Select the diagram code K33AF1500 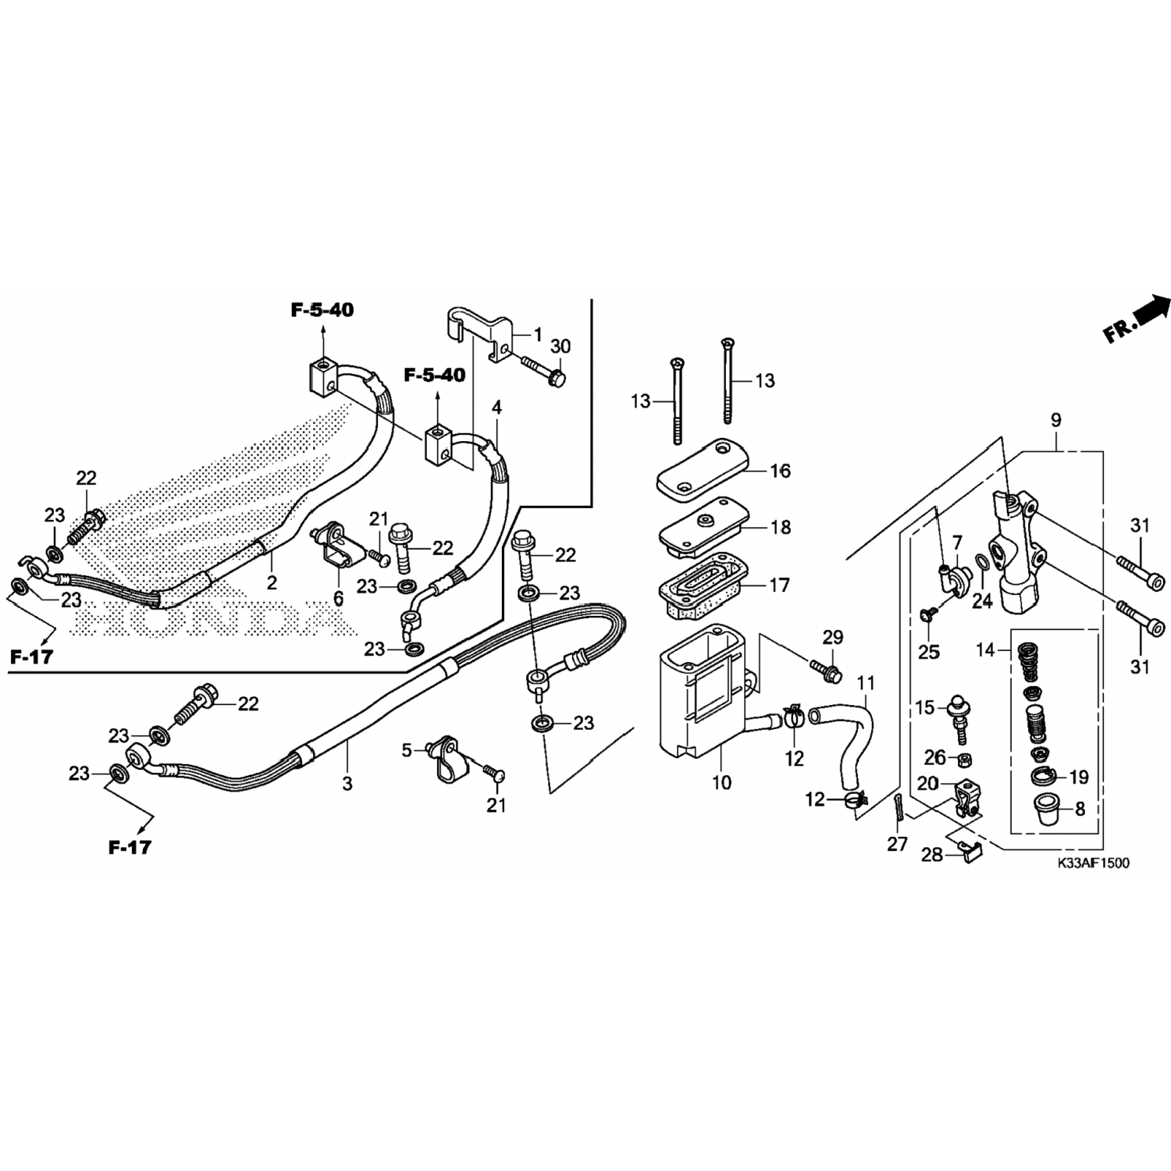tap(1093, 863)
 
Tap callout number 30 tap(561, 346)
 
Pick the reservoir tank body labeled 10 tap(703, 695)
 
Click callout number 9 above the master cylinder tap(1055, 420)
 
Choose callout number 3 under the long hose tap(347, 783)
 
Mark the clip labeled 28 tap(968, 854)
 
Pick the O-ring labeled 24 tap(982, 563)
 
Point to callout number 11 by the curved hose tap(866, 684)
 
